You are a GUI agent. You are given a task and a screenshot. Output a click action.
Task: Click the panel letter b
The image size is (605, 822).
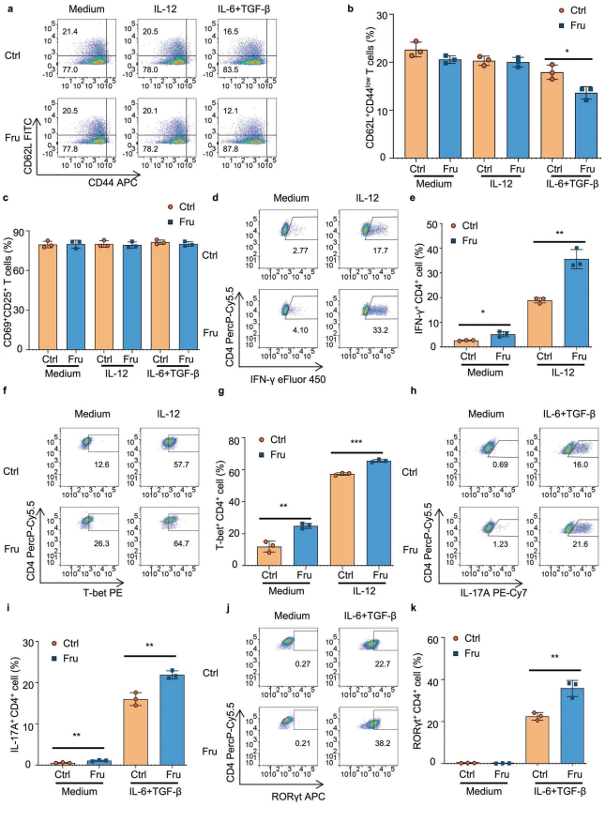point(350,8)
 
